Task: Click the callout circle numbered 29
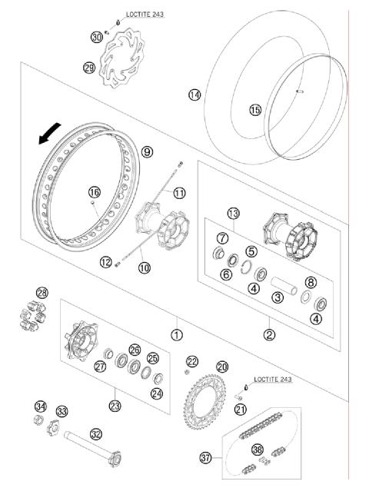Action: (89, 68)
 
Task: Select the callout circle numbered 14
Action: (194, 95)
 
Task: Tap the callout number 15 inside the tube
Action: (255, 110)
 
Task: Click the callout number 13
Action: (233, 213)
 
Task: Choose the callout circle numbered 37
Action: (205, 458)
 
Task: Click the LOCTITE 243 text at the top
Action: (145, 14)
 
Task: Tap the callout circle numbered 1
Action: (177, 334)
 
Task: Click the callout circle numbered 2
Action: (270, 334)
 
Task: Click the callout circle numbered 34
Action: (41, 406)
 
